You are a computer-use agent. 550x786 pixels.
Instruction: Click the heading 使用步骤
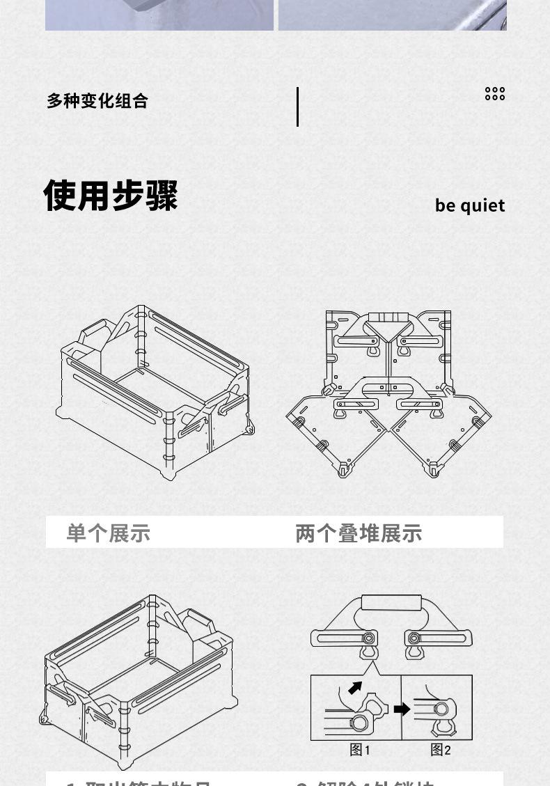(111, 195)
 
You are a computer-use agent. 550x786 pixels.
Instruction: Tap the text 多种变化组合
(97, 101)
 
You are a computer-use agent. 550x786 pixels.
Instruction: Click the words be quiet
(470, 205)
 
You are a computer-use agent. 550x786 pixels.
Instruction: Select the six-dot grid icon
(495, 94)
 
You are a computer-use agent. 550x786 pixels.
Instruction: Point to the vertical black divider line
(297, 107)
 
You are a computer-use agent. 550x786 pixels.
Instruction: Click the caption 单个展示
(109, 533)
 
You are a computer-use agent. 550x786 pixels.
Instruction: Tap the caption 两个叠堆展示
(359, 533)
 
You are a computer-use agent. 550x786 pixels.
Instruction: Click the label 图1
(360, 750)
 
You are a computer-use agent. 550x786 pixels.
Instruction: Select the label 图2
(441, 750)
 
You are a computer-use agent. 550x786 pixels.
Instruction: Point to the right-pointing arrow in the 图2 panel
(402, 709)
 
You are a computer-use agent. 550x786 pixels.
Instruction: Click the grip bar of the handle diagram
(391, 602)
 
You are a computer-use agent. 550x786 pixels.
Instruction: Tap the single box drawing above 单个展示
(155, 390)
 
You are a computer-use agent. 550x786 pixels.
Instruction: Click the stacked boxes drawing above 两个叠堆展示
(389, 393)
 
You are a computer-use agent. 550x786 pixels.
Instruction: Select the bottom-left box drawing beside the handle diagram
(136, 679)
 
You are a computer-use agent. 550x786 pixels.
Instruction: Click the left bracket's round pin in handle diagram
(368, 638)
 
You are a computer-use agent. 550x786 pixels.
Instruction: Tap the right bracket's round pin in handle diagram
(414, 638)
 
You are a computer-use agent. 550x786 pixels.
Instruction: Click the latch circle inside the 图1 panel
(359, 723)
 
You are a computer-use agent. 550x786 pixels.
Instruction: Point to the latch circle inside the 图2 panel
(441, 709)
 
